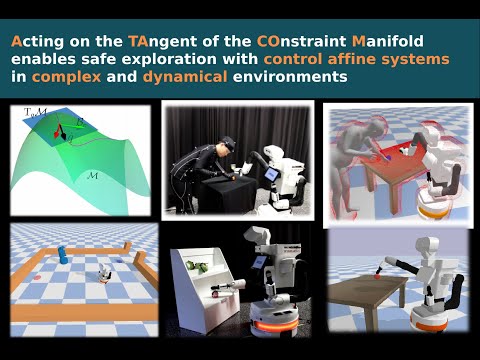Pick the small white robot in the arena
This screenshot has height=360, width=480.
coord(105,272)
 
